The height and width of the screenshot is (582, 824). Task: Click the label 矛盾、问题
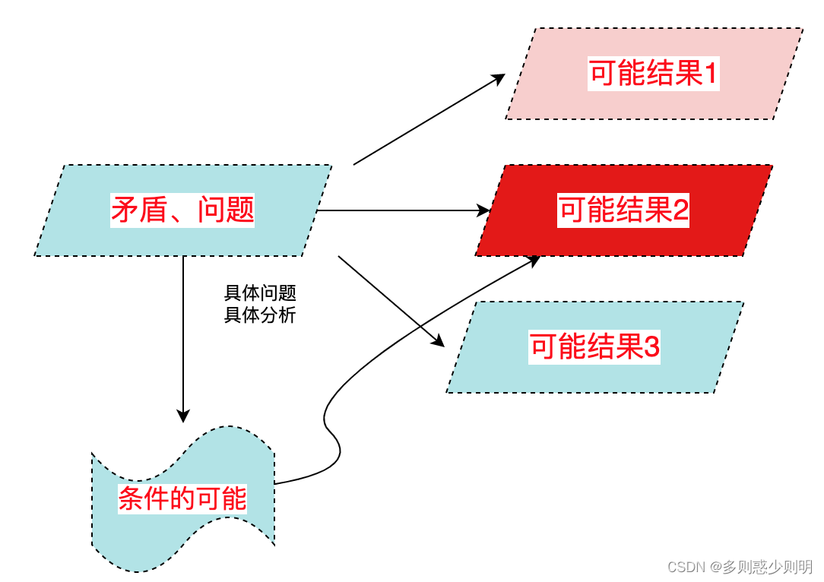(x=182, y=210)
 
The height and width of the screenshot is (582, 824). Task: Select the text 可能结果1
(x=653, y=74)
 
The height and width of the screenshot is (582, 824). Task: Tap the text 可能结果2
(x=623, y=210)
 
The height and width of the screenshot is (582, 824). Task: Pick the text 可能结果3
(x=594, y=348)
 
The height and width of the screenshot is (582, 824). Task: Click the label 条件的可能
(x=182, y=499)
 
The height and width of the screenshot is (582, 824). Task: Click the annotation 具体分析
(x=259, y=315)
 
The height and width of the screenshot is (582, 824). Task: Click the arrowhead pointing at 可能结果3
(x=438, y=341)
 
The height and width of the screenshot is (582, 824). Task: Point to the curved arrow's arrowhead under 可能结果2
(x=533, y=260)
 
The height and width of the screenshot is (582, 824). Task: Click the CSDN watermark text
(x=686, y=568)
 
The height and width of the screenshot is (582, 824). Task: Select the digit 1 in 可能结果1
(x=711, y=74)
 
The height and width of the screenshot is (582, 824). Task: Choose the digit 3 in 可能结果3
(x=652, y=348)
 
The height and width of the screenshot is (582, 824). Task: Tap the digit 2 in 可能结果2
(x=681, y=210)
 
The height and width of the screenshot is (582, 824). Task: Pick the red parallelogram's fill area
(x=525, y=236)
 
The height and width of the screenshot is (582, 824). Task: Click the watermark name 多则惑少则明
(x=768, y=568)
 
